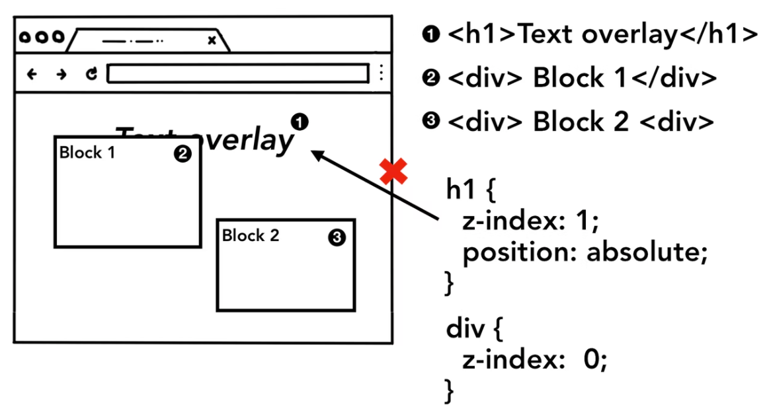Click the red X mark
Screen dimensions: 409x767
pyautogui.click(x=393, y=172)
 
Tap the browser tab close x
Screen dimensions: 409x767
pyautogui.click(x=212, y=40)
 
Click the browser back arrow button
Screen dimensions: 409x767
pyautogui.click(x=31, y=74)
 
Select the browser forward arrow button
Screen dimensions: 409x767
pyautogui.click(x=61, y=74)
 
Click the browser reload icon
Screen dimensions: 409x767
pyautogui.click(x=92, y=74)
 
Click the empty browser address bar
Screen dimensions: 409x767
pyautogui.click(x=237, y=73)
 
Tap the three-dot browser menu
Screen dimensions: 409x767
pyautogui.click(x=381, y=73)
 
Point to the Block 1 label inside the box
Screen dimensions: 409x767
pyautogui.click(x=87, y=153)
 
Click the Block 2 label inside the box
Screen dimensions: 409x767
pyautogui.click(x=251, y=235)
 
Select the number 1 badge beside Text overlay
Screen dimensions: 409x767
pyautogui.click(x=300, y=122)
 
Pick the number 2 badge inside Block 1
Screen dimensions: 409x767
pyautogui.click(x=182, y=154)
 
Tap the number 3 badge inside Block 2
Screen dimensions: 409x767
pyautogui.click(x=337, y=238)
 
